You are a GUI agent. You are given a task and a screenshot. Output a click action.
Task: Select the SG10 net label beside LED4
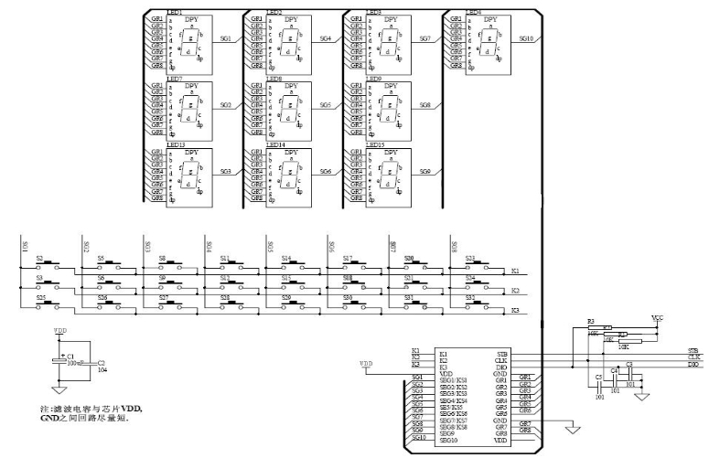click(525, 39)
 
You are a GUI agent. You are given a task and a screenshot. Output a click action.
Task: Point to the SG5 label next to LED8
click(325, 105)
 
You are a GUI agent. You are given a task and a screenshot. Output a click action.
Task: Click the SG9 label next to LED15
click(424, 171)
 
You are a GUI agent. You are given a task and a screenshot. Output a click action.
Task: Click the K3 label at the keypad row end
click(515, 311)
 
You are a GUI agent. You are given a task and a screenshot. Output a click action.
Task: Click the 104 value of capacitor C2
click(102, 369)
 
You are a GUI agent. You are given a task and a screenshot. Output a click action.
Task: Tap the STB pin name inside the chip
click(502, 353)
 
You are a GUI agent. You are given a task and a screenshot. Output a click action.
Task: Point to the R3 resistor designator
click(591, 323)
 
